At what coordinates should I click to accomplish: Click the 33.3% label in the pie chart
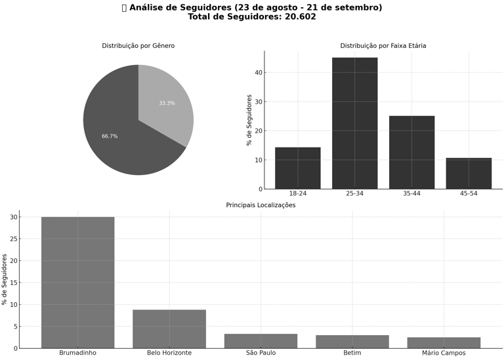(167, 103)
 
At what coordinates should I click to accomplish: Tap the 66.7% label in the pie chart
(110, 136)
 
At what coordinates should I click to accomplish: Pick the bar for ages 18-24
(297, 168)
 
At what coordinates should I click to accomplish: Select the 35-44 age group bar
(411, 152)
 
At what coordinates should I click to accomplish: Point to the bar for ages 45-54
(469, 173)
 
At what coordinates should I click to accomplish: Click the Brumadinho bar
(77, 282)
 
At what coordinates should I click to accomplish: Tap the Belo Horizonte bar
(169, 329)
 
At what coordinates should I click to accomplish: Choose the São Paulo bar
(261, 341)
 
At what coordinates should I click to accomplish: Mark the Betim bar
(352, 342)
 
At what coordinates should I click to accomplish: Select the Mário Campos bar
(444, 342)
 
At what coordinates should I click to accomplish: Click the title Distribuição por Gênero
(138, 46)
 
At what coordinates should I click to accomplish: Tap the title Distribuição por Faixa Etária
(383, 46)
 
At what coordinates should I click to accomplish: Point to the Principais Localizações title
(261, 205)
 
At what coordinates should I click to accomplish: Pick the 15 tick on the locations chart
(14, 283)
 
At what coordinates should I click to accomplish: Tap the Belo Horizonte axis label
(169, 353)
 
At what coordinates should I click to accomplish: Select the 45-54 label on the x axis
(469, 193)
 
